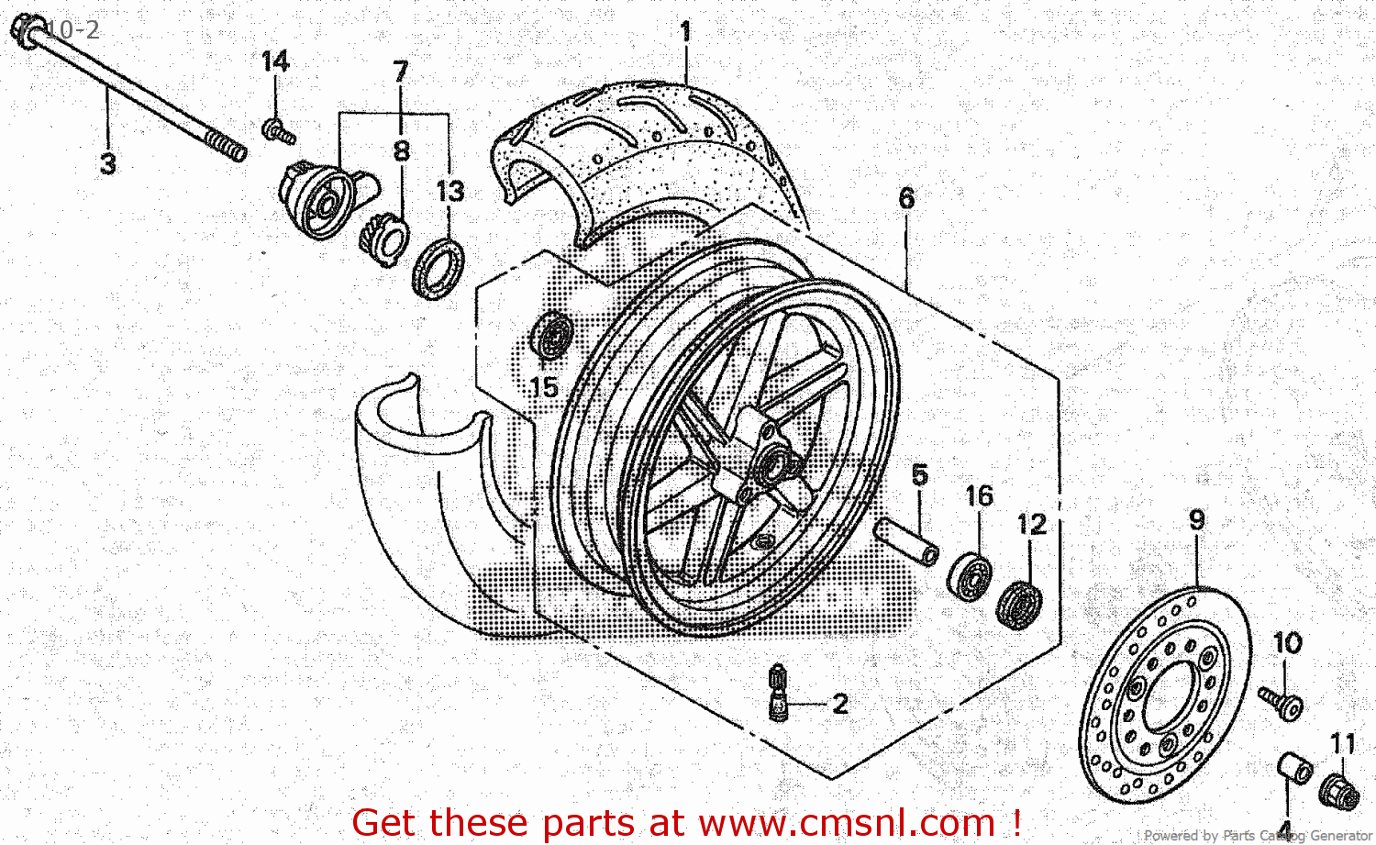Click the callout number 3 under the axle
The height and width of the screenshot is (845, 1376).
[107, 164]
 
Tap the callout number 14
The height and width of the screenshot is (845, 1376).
[274, 61]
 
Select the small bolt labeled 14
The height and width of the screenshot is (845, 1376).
[277, 132]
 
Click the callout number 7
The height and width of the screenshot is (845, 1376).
[400, 72]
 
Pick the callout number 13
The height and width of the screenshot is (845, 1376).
[449, 192]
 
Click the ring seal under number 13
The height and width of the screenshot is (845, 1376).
[438, 267]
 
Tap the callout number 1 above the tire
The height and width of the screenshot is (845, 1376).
[684, 32]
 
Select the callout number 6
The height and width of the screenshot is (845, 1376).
[906, 198]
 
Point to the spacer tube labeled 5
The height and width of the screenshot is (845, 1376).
[907, 541]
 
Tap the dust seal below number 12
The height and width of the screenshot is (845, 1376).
[1019, 605]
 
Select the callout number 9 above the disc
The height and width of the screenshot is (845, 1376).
[1197, 520]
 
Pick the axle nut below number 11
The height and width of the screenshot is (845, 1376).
[1340, 790]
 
